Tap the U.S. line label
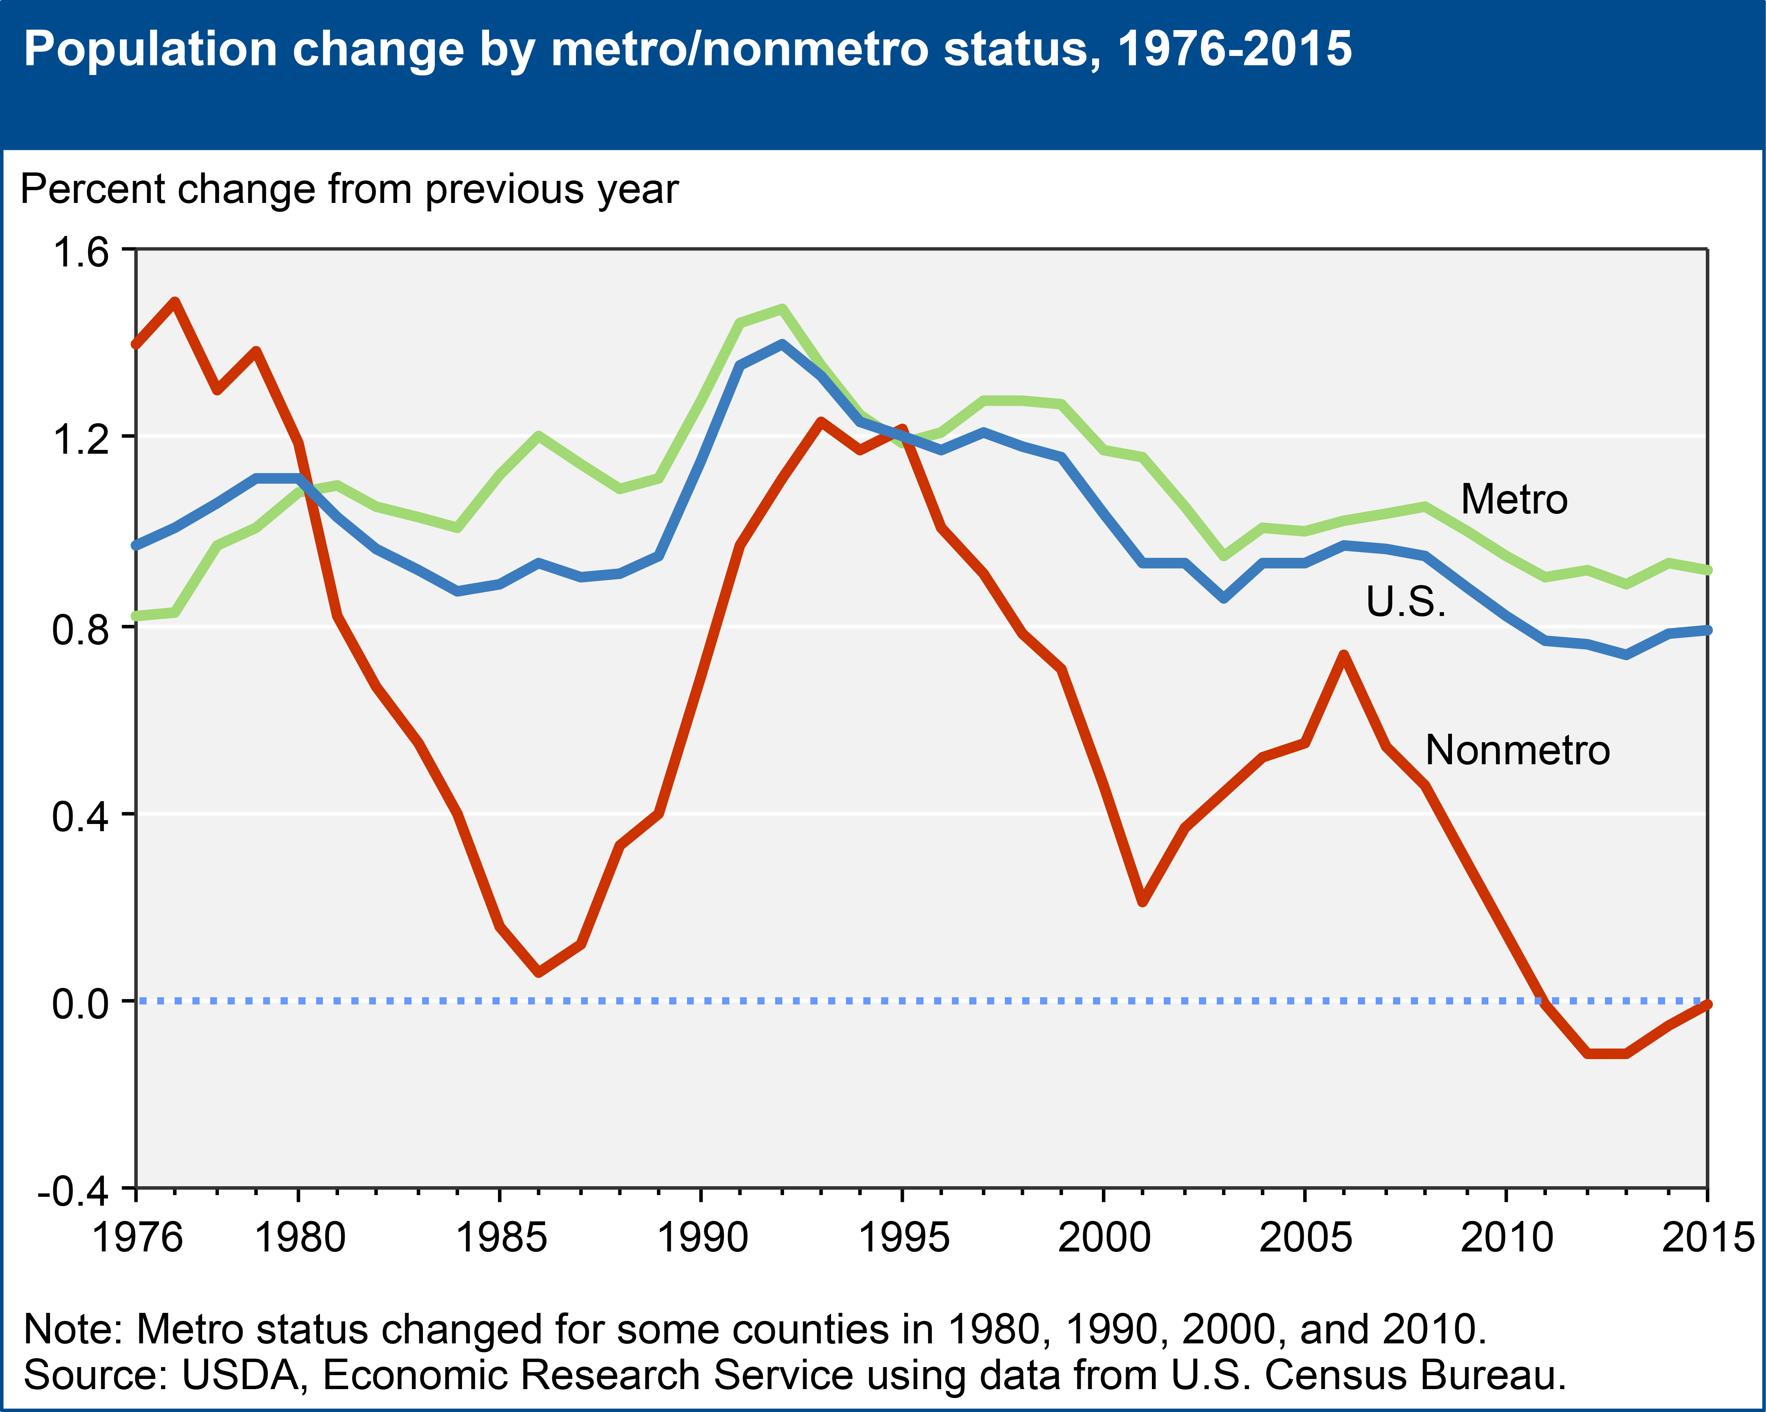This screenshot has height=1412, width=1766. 1406,602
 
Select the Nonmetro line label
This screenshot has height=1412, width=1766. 1517,750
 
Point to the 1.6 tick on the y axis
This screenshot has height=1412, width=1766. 80,252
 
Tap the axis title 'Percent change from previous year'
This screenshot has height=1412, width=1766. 349,190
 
